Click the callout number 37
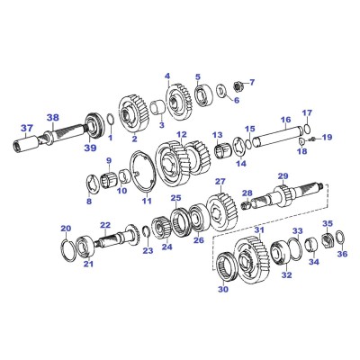(27, 128)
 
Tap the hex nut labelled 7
(238, 86)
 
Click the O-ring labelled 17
(307, 128)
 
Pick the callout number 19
(327, 137)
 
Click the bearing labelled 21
(85, 247)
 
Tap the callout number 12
(181, 134)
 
